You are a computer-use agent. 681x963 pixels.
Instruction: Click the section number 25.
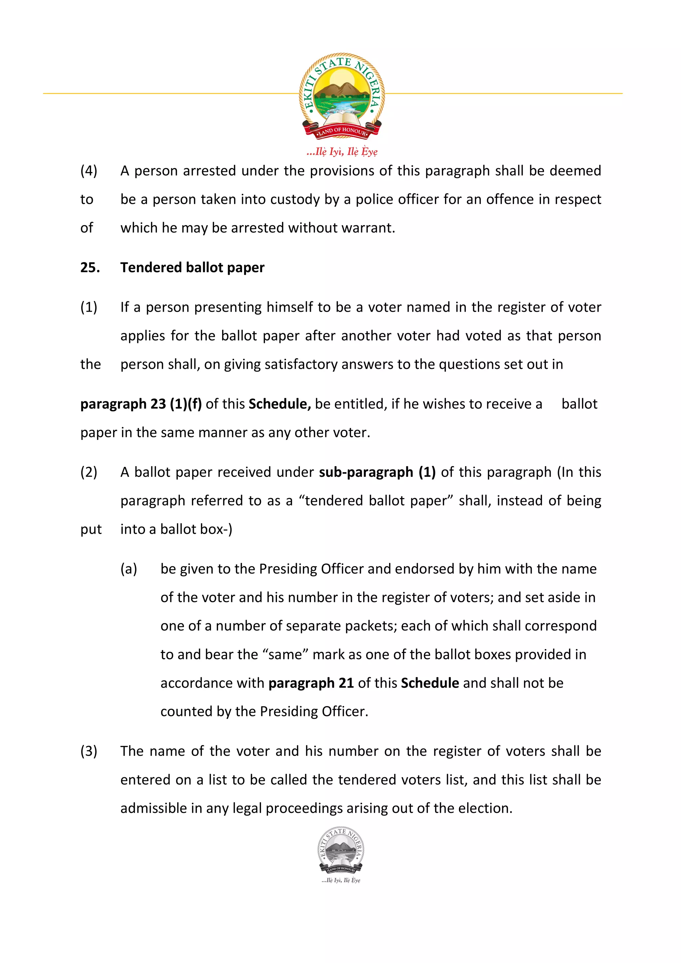(x=90, y=267)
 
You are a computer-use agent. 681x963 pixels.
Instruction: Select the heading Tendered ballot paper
(x=192, y=267)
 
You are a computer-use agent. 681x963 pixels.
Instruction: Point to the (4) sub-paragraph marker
(x=88, y=171)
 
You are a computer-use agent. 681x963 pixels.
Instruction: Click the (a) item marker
(x=129, y=569)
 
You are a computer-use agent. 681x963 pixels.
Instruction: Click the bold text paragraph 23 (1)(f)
(x=141, y=404)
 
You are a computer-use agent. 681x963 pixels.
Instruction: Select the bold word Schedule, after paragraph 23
(x=279, y=404)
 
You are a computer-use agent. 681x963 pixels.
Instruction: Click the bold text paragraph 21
(x=311, y=683)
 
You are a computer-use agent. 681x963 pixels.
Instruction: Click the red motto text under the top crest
(x=341, y=152)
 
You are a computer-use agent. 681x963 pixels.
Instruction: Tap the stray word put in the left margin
(x=91, y=529)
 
